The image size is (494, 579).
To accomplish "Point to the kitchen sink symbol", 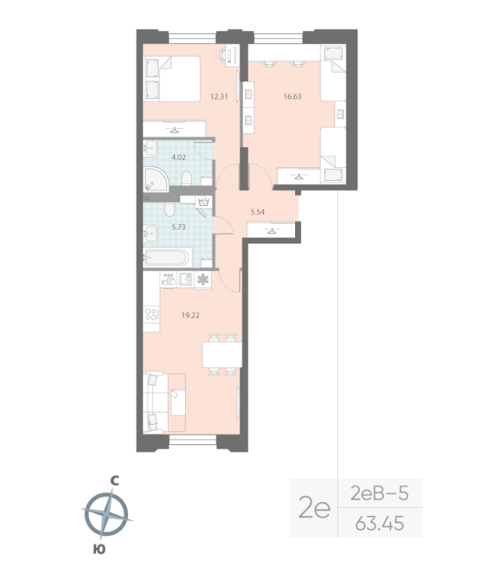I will point(184,278).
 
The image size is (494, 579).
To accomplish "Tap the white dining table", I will point(221,354).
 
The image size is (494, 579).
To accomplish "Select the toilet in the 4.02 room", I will point(186,179).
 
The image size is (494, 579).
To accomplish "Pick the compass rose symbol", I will point(106,515).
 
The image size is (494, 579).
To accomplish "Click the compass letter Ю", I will point(99,551).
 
